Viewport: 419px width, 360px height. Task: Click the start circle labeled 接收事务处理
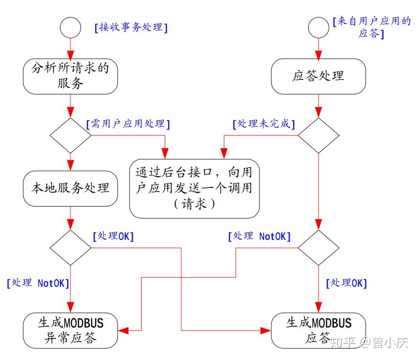click(70, 28)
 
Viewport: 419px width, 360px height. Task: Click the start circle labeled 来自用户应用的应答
click(318, 28)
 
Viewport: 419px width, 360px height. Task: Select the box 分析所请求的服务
click(70, 76)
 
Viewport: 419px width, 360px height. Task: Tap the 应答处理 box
click(318, 76)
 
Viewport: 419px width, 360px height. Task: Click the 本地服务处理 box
click(70, 188)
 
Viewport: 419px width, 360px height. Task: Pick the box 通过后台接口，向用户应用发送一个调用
click(195, 188)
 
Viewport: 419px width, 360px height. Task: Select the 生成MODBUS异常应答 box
click(70, 330)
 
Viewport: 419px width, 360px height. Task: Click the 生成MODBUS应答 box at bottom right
click(318, 330)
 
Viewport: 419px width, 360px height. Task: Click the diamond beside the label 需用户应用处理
click(70, 135)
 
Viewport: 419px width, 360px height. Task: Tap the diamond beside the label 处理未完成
click(318, 135)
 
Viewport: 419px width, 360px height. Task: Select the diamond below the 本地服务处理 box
click(70, 247)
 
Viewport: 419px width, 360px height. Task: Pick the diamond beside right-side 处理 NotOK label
click(318, 247)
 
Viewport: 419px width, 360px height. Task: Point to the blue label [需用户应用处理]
click(128, 124)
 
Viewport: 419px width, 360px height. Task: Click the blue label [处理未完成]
click(264, 124)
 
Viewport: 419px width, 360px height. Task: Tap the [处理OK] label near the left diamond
click(113, 237)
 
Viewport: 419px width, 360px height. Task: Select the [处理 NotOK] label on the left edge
click(38, 283)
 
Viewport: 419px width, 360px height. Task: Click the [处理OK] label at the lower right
click(347, 283)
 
